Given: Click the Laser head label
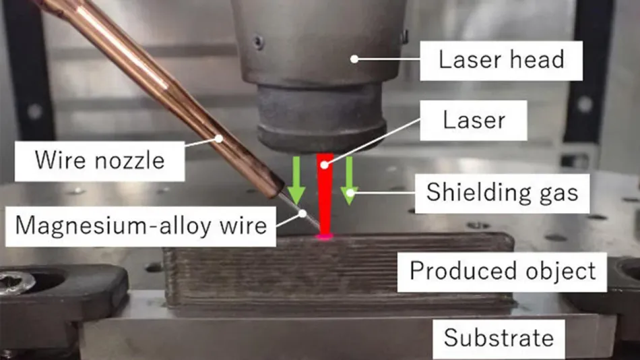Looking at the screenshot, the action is [501, 61].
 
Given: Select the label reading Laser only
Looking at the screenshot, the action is [474, 121].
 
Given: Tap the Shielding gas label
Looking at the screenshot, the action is [502, 193].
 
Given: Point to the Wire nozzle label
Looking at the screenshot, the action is [100, 161].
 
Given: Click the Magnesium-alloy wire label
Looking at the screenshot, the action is [141, 226].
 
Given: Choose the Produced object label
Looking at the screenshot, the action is [502, 272].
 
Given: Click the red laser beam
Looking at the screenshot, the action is [325, 194].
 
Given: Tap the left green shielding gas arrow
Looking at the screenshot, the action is [296, 181].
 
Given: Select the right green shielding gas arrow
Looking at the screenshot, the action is [350, 181].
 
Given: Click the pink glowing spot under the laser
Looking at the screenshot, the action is [324, 236].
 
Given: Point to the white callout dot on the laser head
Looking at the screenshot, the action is [354, 59].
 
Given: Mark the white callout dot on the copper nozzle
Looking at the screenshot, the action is [219, 139].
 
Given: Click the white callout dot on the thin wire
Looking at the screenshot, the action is [302, 213].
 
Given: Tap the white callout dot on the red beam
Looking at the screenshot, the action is [324, 165].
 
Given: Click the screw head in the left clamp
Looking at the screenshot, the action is [15, 282].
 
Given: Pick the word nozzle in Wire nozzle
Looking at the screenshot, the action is [129, 160].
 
